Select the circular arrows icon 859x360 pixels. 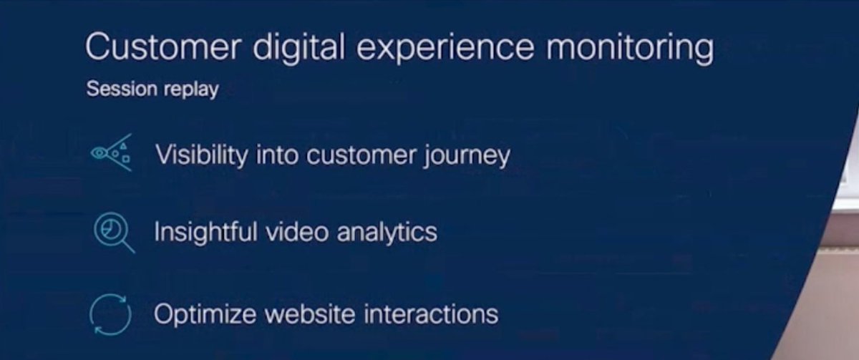click(111, 314)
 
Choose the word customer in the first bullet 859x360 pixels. click(351, 155)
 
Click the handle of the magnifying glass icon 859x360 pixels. click(127, 247)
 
